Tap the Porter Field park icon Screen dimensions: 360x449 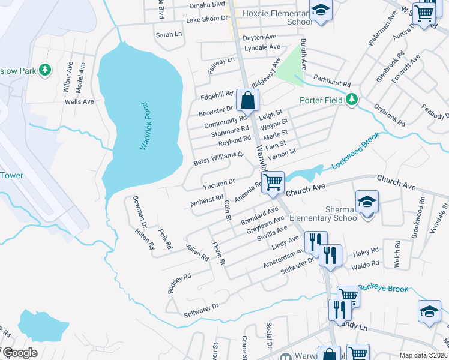(353, 100)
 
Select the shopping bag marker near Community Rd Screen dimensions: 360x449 (247, 100)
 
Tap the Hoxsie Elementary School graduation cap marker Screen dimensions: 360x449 (321, 10)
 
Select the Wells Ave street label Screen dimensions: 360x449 (79, 102)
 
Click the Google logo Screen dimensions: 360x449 (19, 353)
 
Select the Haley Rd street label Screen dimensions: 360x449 (366, 250)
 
